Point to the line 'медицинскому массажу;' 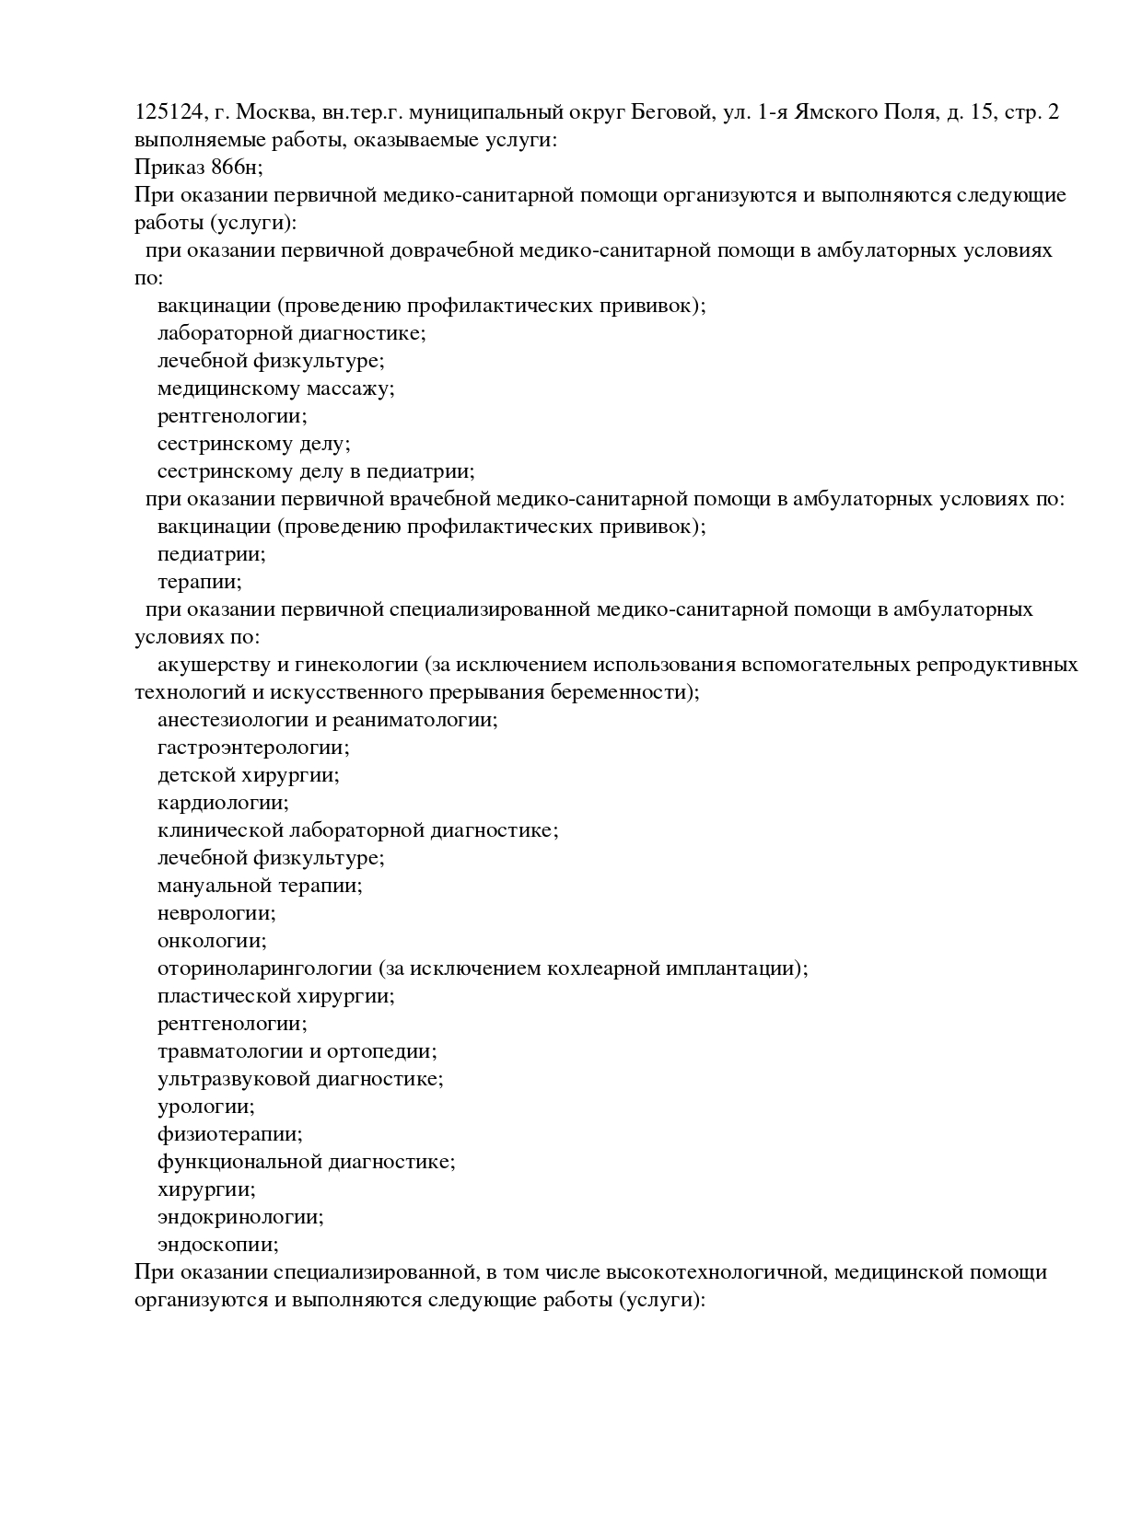(275, 388)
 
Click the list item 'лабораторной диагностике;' (291, 333)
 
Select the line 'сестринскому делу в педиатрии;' (315, 471)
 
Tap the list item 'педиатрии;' (211, 554)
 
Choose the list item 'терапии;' (199, 582)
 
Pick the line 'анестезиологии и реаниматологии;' (327, 720)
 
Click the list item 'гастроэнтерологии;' (253, 748)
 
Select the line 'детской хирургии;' (248, 775)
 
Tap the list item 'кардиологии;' (222, 803)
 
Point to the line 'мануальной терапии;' (260, 886)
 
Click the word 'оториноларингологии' (264, 968)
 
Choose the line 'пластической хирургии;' (275, 996)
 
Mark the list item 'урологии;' (205, 1107)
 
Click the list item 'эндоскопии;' (217, 1245)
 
